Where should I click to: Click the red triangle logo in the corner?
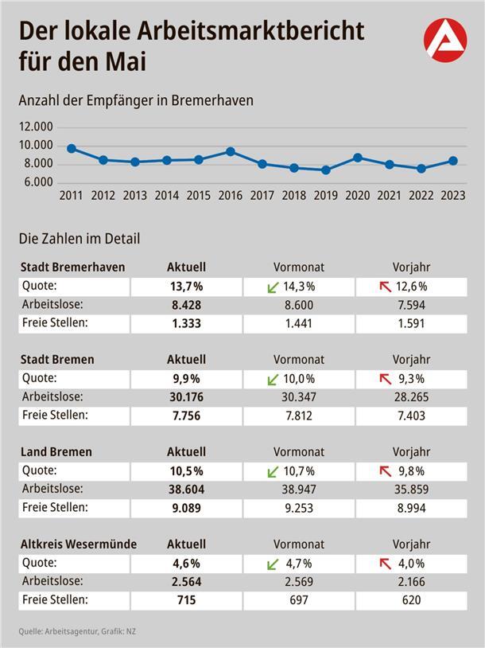445,40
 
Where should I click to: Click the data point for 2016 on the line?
231,151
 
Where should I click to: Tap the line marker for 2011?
72,149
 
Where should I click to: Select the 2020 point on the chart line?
358,158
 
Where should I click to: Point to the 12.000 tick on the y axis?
37,127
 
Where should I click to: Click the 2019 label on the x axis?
326,196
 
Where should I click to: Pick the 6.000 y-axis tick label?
37,182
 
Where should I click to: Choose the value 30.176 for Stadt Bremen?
185,396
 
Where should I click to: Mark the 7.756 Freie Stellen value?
185,416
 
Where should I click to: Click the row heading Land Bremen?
56,451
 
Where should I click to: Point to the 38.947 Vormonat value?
299,489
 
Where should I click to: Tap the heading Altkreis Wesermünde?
78,545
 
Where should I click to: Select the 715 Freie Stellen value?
185,600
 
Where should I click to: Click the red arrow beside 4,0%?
386,564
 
